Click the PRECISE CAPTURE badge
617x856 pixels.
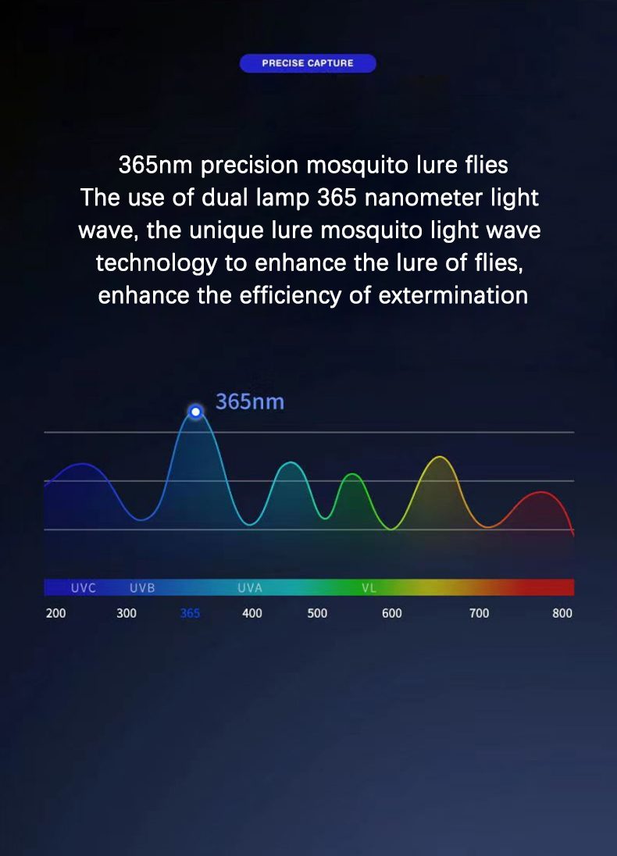point(308,63)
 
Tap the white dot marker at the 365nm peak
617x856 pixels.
point(195,412)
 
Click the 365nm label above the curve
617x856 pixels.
point(250,401)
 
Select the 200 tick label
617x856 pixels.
point(55,613)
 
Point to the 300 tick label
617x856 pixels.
point(126,613)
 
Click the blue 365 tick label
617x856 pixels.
point(190,613)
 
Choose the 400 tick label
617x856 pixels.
point(252,613)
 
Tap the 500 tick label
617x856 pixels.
point(317,613)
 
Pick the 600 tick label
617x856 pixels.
point(392,613)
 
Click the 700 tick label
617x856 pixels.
point(480,613)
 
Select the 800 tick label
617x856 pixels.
point(562,613)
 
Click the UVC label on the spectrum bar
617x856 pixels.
point(84,588)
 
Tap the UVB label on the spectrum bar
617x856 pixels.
point(142,588)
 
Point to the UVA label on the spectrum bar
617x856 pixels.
point(250,588)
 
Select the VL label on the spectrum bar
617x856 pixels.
point(369,588)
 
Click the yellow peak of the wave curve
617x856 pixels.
point(440,457)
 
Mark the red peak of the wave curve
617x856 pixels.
point(540,492)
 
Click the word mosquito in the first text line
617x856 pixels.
point(358,166)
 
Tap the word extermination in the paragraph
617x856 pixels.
point(453,295)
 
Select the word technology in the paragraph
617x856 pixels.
point(156,264)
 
